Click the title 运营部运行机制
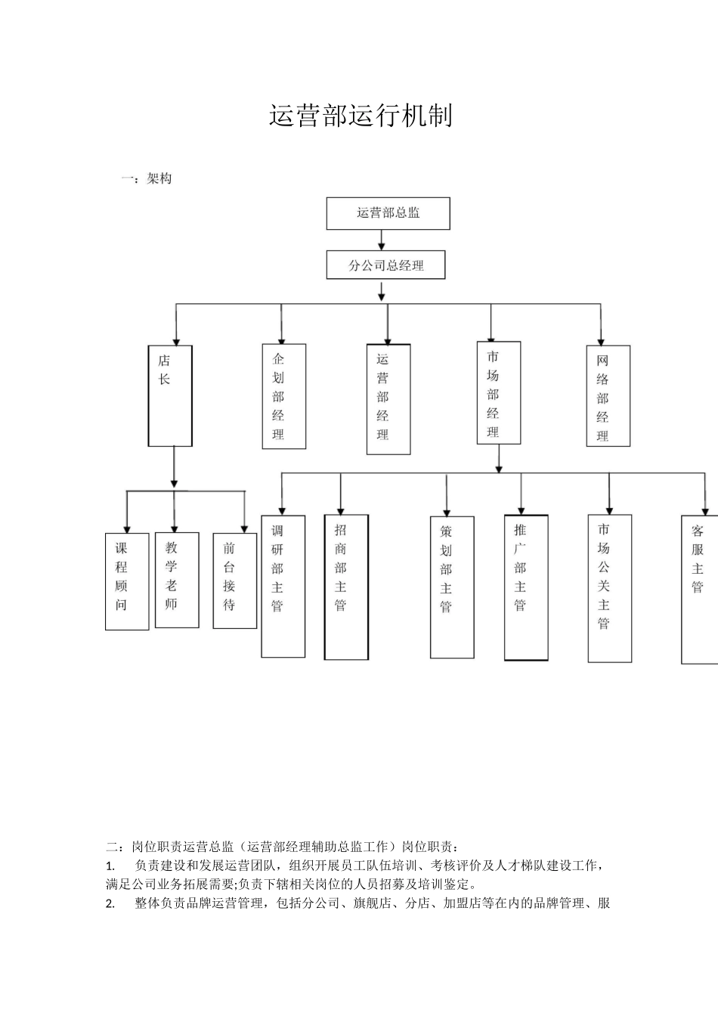pos(361,116)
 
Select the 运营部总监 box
pos(388,213)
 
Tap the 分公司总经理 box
pos(385,265)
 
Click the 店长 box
pos(170,395)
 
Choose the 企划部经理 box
pos(284,397)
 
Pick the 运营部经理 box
pos(388,399)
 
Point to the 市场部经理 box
pos(499,393)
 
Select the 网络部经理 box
pos(608,396)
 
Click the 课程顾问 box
pos(127,581)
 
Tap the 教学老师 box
pos(177,580)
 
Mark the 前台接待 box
pos(235,580)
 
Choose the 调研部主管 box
pos(283,586)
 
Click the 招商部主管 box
pos(346,587)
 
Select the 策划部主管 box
pos(452,587)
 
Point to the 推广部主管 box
pos(526,587)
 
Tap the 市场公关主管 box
pos(609,588)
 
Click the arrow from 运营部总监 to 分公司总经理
pos(382,240)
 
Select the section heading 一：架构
pos(147,179)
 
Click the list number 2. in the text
pos(110,903)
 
